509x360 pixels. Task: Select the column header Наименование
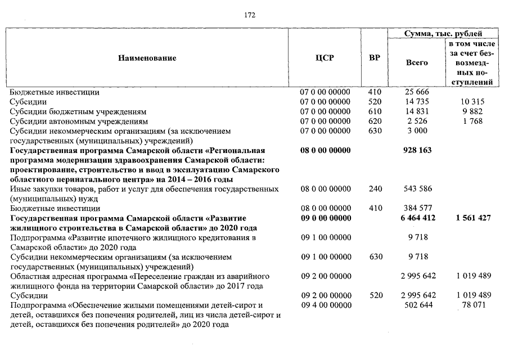(147, 58)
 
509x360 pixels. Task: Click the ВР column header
(374, 58)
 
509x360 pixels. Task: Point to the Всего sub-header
(417, 62)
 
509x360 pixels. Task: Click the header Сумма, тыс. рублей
(444, 34)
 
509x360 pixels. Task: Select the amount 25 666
(417, 92)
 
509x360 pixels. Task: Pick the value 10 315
(471, 102)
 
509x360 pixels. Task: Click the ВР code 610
(375, 111)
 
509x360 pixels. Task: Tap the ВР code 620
(375, 121)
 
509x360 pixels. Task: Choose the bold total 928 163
(417, 151)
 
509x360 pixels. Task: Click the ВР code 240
(375, 189)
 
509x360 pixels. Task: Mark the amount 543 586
(417, 189)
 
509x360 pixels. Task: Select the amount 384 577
(417, 208)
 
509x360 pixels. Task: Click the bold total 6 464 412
(417, 218)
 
